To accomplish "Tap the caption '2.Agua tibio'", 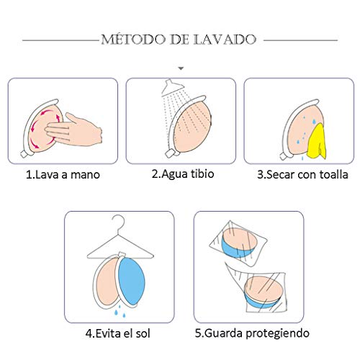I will click(182, 174).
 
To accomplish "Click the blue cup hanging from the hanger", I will click(137, 278).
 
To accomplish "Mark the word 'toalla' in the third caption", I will click(331, 174).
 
